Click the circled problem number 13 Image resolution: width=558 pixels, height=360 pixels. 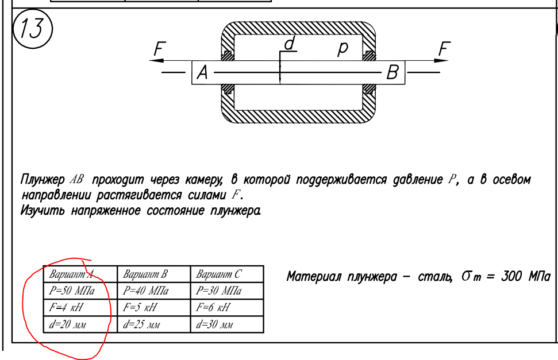pos(32,28)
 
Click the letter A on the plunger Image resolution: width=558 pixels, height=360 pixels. pos(202,72)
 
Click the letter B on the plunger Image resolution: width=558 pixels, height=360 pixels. pos(392,72)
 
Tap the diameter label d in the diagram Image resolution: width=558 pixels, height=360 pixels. pos(290,44)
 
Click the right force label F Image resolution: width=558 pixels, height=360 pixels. pos(444,48)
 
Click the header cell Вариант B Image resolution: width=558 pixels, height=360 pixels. pos(154,274)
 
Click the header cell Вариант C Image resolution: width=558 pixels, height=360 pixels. pos(227,274)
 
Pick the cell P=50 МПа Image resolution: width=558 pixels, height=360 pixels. pos(80,291)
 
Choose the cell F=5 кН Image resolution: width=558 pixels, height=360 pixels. pos(154,307)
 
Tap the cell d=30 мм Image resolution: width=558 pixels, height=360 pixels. pos(227,324)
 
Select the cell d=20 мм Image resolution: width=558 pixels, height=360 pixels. pos(80,324)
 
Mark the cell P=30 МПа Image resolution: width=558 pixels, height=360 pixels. pos(227,291)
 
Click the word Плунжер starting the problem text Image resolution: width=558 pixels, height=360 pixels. pos(43,180)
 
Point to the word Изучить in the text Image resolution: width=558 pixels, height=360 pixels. pos(43,211)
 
